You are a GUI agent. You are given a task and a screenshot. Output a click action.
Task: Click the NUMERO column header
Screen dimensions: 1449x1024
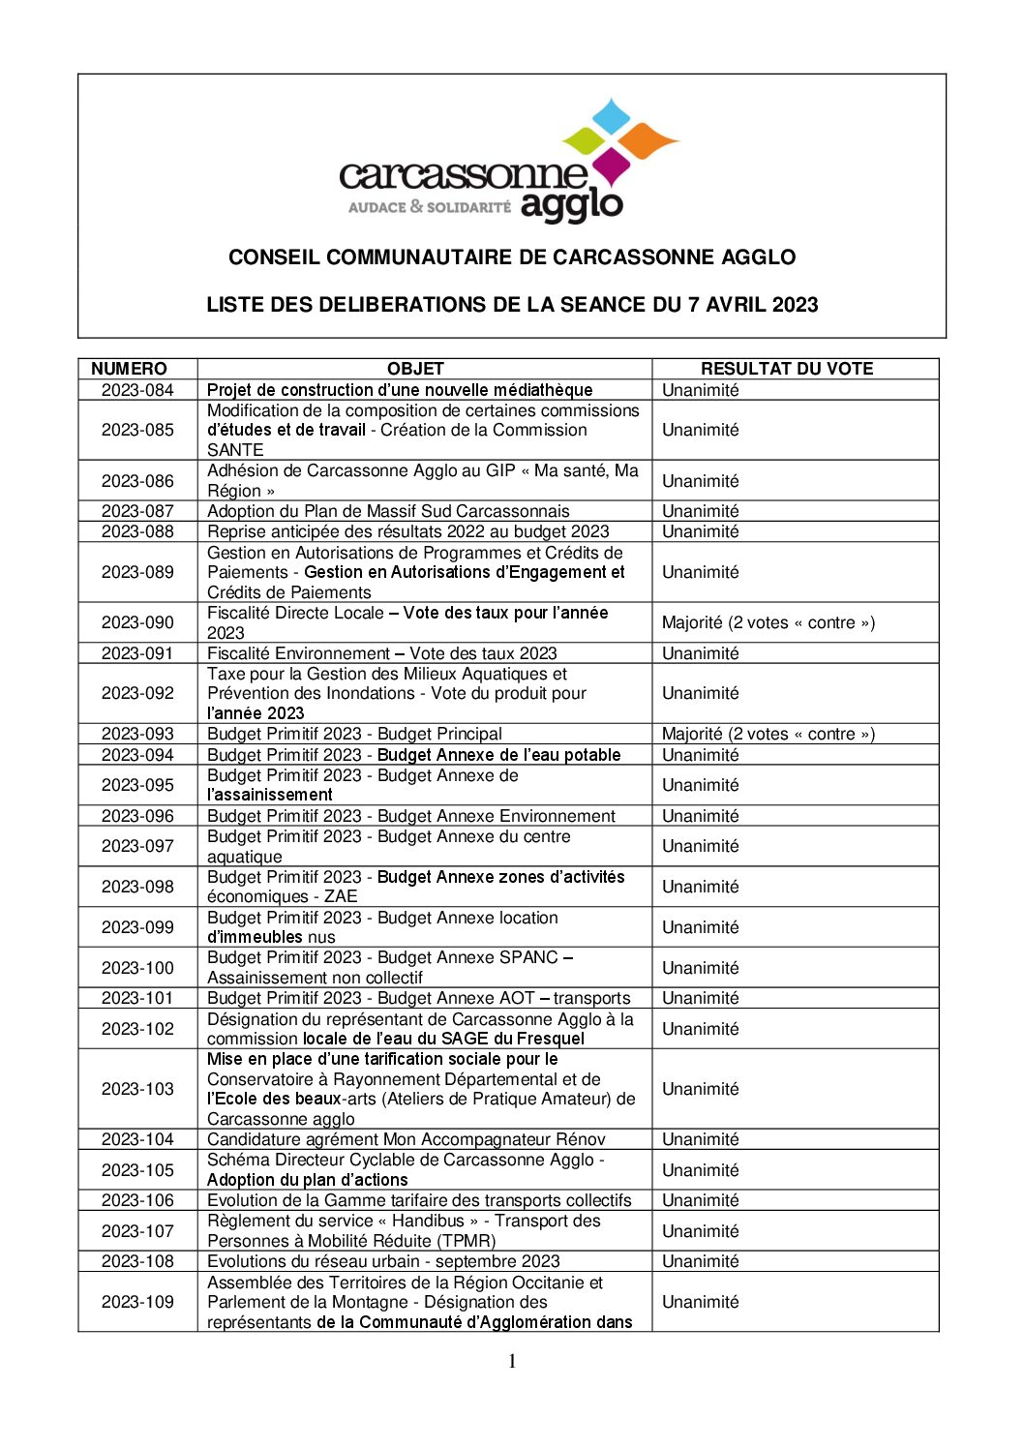[x=129, y=369]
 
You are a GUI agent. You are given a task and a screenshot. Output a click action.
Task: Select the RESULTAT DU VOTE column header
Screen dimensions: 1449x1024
[x=786, y=369]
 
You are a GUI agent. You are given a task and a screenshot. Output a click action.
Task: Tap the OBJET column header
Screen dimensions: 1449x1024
[x=415, y=369]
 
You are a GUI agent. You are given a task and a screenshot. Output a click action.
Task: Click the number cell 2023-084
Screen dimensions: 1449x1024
[x=137, y=390]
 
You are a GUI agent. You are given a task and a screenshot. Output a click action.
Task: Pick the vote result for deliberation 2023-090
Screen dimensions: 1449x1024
[x=768, y=622]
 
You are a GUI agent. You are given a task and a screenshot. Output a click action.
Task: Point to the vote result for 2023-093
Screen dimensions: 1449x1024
[x=768, y=734]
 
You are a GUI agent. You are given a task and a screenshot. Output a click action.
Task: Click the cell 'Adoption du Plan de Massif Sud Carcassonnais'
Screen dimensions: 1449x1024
[x=388, y=511]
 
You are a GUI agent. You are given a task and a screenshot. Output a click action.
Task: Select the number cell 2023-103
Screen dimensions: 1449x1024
[x=137, y=1089]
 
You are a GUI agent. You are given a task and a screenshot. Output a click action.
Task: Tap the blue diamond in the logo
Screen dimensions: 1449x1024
[x=611, y=115]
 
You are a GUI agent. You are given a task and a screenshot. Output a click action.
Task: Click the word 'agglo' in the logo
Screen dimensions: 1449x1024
[x=571, y=205]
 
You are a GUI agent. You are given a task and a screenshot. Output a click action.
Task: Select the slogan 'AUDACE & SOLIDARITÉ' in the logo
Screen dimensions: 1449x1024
[x=429, y=207]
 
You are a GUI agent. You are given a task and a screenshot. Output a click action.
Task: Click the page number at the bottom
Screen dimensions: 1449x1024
[x=512, y=1362]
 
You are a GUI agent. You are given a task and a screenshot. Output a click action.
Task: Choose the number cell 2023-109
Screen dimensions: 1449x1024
[x=137, y=1302]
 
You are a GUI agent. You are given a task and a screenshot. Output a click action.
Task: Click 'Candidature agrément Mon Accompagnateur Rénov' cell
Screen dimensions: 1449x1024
[x=406, y=1139]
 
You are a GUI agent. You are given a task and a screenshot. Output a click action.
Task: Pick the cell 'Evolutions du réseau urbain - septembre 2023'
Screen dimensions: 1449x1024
[x=383, y=1261]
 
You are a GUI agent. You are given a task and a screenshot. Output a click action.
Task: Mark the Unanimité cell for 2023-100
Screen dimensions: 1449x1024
[x=700, y=968]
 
